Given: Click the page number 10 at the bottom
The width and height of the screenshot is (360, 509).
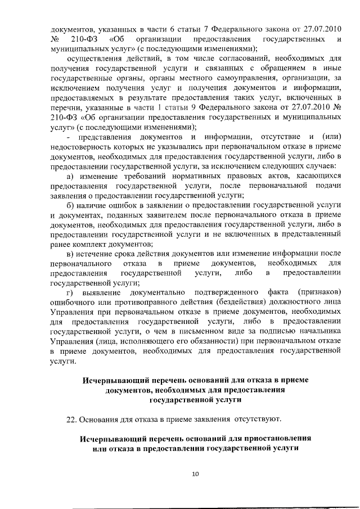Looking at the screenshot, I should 195,474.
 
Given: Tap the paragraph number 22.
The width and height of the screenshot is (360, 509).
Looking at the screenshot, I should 72,419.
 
